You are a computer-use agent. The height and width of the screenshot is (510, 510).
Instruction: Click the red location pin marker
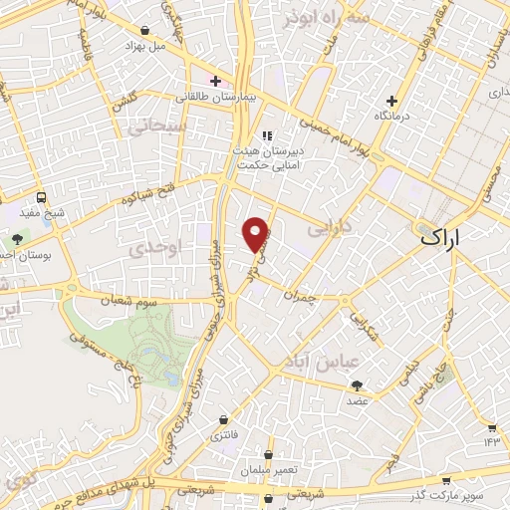coord(256,233)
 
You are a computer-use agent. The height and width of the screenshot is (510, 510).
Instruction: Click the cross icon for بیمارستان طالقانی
coord(215,81)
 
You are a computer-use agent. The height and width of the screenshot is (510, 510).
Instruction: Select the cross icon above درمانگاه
coord(392,101)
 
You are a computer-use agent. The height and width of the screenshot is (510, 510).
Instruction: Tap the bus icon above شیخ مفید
coord(41,197)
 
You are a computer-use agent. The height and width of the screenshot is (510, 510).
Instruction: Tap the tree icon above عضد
coord(357,385)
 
